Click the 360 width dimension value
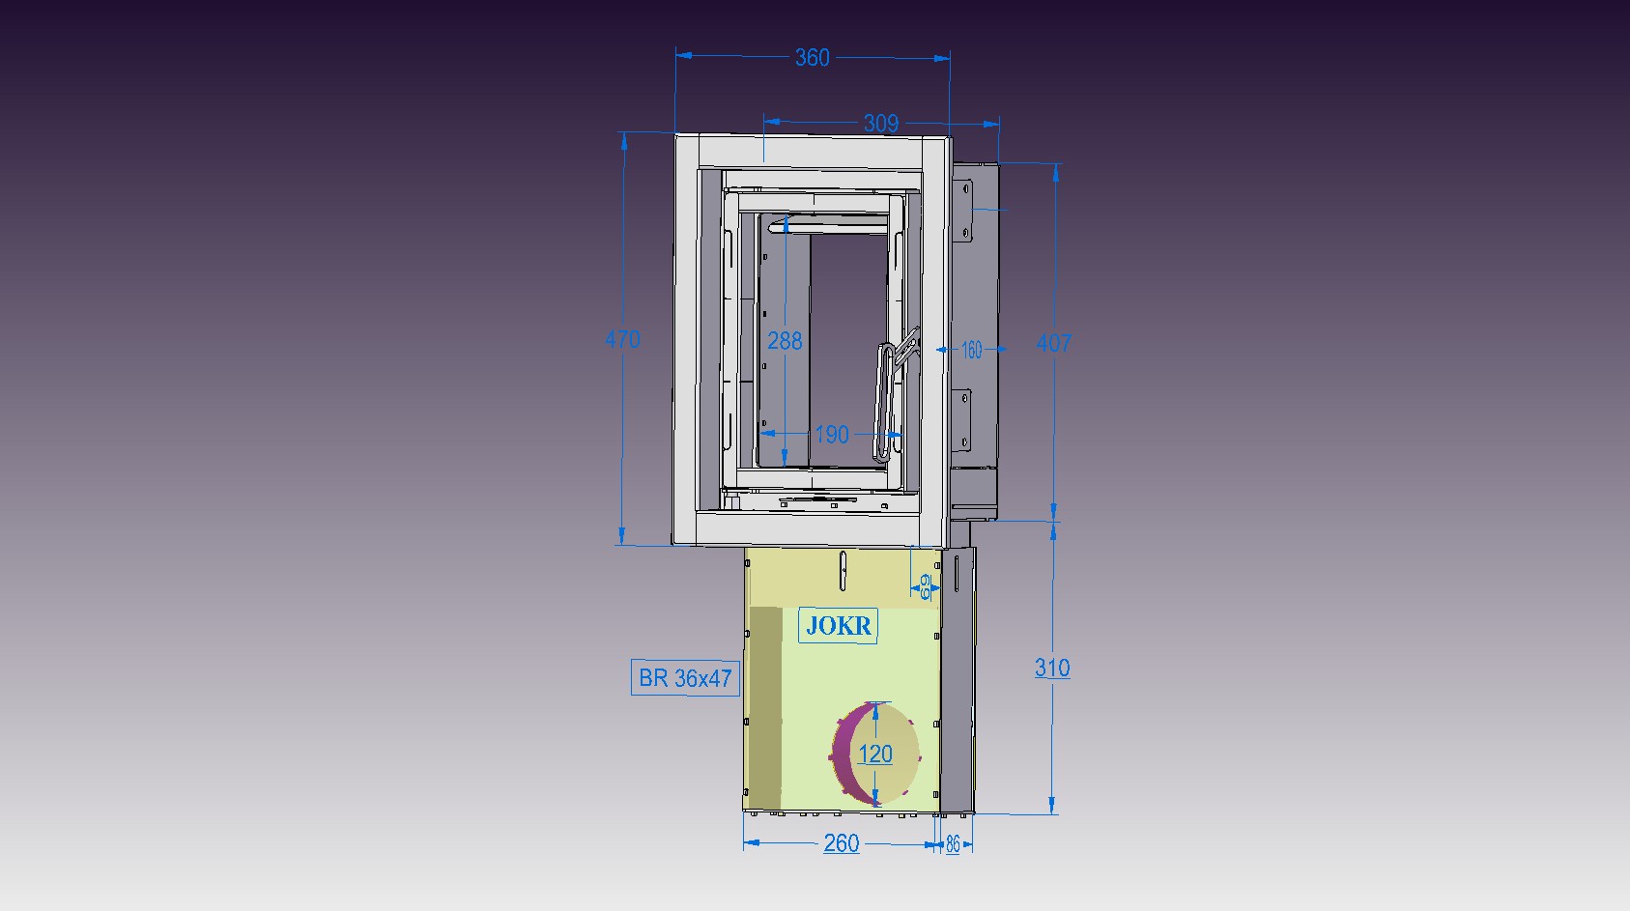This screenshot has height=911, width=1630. coord(812,58)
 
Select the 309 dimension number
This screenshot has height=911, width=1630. coord(880,124)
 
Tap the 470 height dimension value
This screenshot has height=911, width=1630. coord(622,339)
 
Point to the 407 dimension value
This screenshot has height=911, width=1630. coord(1053,343)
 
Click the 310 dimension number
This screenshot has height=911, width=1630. coord(1052,668)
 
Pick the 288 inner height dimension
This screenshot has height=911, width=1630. coord(785,340)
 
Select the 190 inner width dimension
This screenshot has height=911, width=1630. coord(832,435)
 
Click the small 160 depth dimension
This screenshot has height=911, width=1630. coord(971,351)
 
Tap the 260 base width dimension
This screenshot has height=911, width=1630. coord(842,843)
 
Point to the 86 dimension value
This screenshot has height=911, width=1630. coord(953,844)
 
